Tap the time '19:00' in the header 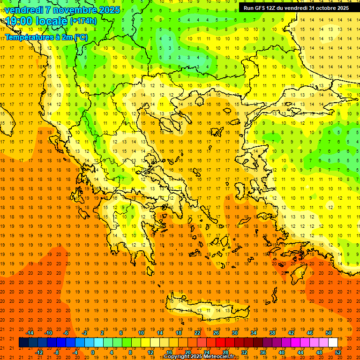tap(19, 21)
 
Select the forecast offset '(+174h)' tap(83, 21)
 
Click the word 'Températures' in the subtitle tap(28, 37)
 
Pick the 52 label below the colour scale tap(338, 352)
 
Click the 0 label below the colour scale tap(92, 352)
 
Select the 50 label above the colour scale tap(329, 333)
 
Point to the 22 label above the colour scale tap(197, 333)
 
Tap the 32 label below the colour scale tap(244, 352)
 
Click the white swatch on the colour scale tap(333, 343)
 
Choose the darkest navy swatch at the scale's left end tap(23, 343)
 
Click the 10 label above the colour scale tap(141, 333)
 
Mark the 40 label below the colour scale tap(282, 352)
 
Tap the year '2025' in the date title tap(109, 10)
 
